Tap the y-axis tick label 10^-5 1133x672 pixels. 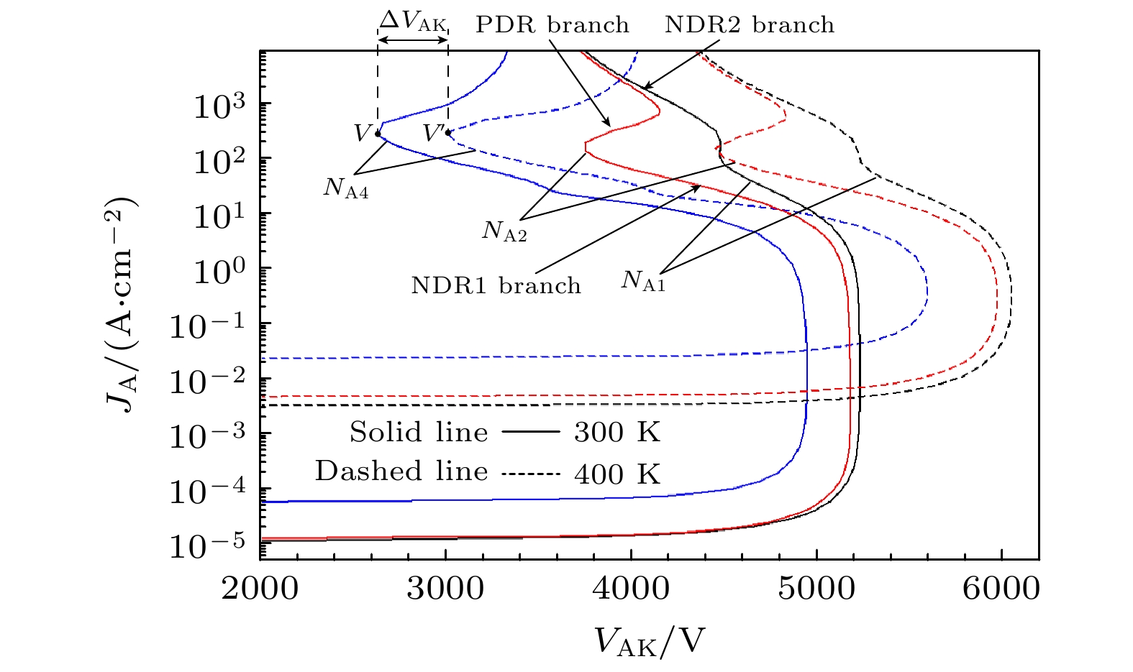point(209,546)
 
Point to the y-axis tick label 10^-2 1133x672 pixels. point(209,381)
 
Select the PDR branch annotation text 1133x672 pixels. point(552,25)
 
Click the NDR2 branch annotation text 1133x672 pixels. point(750,25)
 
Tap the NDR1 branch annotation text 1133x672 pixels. point(496,285)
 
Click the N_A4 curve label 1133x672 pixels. point(346,188)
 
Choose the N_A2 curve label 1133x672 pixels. point(504,231)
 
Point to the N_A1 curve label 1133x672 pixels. point(643,280)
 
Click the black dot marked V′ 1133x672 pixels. point(448,132)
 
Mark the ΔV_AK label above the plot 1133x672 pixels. point(413,20)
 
